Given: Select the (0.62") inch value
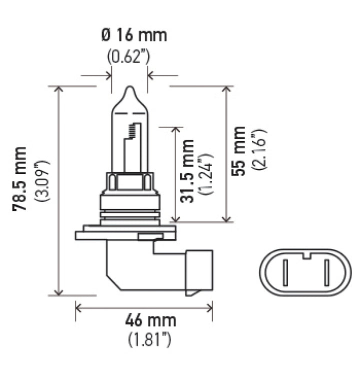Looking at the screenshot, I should tap(129, 56).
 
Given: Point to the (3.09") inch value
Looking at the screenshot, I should tap(42, 180).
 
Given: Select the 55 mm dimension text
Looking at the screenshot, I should tap(238, 151).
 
